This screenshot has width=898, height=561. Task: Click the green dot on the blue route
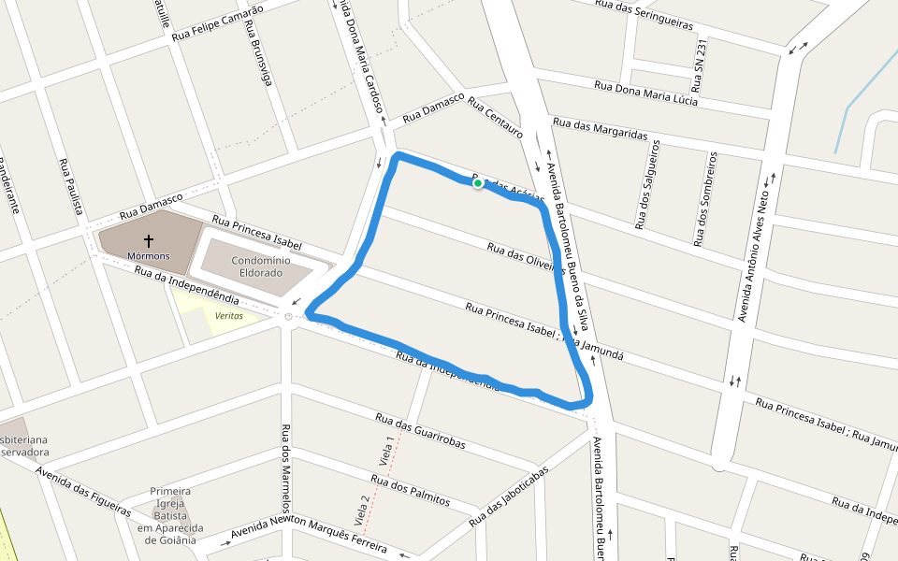[478, 184]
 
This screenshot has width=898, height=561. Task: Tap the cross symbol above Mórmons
[149, 241]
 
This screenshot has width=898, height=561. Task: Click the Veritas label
[229, 316]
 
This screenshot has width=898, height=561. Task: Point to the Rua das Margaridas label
[600, 129]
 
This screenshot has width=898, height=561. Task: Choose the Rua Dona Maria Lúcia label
[645, 93]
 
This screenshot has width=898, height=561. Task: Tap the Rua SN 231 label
[701, 65]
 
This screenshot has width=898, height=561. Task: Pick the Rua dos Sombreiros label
[703, 199]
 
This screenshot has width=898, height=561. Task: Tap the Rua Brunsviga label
[258, 56]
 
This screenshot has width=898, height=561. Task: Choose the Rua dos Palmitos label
[410, 491]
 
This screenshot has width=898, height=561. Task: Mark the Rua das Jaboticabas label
[505, 496]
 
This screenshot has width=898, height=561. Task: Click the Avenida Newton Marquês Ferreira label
[309, 534]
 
